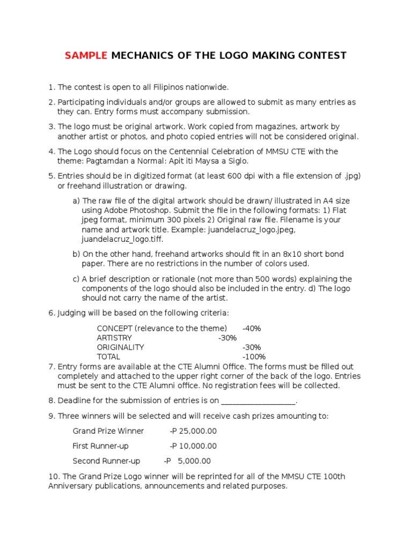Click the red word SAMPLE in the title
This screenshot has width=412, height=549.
tap(86, 55)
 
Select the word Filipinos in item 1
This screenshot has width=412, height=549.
tap(153, 87)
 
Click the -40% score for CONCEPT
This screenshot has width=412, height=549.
tap(252, 328)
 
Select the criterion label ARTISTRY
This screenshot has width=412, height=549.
tap(114, 337)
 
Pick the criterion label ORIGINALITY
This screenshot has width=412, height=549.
tap(120, 347)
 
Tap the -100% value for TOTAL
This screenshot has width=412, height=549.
tap(254, 357)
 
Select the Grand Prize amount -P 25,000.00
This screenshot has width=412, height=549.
tap(193, 431)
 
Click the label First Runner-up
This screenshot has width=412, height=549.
tap(100, 446)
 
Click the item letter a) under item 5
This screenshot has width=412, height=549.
tap(76, 200)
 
